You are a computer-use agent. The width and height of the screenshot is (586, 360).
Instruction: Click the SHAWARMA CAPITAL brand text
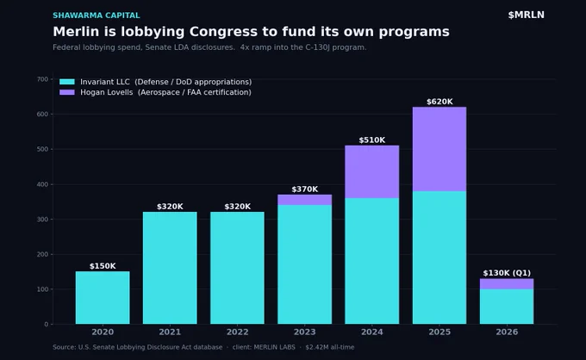click(x=96, y=16)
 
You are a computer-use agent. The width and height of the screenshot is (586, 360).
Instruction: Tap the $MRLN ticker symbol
click(x=526, y=15)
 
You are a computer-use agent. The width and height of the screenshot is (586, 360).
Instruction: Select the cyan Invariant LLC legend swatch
click(x=67, y=82)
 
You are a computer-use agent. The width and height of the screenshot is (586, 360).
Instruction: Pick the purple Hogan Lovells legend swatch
click(x=67, y=92)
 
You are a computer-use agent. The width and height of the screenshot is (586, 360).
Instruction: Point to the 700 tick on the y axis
click(x=42, y=79)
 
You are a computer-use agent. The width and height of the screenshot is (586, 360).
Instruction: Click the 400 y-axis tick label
click(x=42, y=184)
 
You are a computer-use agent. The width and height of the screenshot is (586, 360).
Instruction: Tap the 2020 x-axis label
click(x=103, y=332)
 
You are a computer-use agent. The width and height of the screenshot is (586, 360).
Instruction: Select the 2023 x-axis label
click(x=304, y=332)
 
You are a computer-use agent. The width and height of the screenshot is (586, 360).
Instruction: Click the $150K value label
click(x=103, y=266)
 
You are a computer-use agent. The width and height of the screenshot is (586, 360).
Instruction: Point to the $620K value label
click(x=439, y=102)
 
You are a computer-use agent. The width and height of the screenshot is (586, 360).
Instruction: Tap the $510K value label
click(x=372, y=140)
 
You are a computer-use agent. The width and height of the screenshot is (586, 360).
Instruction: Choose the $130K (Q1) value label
click(x=507, y=273)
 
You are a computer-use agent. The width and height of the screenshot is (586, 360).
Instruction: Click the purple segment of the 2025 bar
click(x=439, y=149)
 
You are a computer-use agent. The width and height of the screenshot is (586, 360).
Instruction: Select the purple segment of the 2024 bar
click(x=372, y=171)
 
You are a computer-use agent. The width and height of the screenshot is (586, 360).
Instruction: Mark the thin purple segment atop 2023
click(x=304, y=200)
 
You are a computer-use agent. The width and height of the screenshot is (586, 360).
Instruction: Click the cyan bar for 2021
click(x=170, y=268)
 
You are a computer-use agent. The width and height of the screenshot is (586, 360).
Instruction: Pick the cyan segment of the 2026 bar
click(x=507, y=307)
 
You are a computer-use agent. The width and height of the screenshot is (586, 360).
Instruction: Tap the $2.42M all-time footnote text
click(x=329, y=347)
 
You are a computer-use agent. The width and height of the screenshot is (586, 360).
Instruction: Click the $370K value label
click(x=304, y=189)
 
